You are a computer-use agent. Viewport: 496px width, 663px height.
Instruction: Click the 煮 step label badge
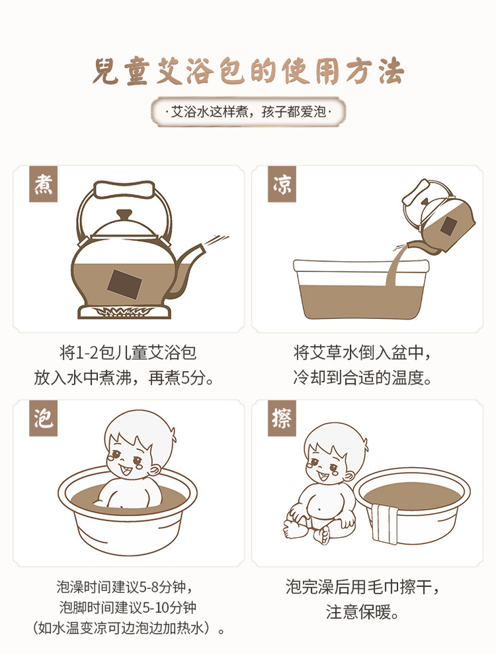43,184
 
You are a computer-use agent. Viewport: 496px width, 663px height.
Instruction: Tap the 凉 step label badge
282,184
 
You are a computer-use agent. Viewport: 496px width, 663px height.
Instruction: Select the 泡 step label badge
43,419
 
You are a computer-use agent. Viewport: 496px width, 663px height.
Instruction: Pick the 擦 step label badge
282,419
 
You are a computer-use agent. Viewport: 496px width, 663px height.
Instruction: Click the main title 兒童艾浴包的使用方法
248,71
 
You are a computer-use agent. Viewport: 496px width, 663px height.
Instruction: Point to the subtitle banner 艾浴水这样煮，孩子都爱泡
248,112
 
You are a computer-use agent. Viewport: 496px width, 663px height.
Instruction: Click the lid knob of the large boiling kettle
124,214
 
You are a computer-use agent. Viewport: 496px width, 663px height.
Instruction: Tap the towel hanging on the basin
385,523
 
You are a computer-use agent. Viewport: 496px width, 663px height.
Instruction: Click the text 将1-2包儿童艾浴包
128,353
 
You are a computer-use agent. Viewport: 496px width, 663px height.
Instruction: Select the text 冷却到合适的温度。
363,377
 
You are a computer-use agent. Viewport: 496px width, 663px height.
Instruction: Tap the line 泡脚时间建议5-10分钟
128,608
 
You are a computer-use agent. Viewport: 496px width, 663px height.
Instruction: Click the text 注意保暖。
363,612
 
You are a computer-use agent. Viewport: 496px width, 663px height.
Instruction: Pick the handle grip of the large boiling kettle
124,189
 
